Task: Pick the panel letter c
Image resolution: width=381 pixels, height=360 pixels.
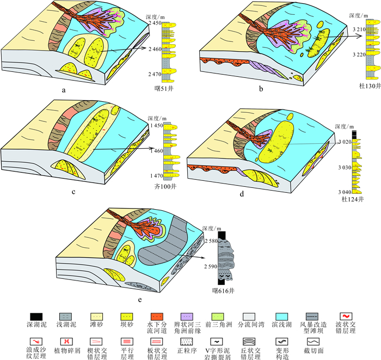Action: pyautogui.click(x=73, y=192)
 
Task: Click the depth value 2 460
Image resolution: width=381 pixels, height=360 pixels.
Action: pyautogui.click(x=152, y=50)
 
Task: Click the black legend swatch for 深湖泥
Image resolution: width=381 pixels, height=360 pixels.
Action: pyautogui.click(x=38, y=315)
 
